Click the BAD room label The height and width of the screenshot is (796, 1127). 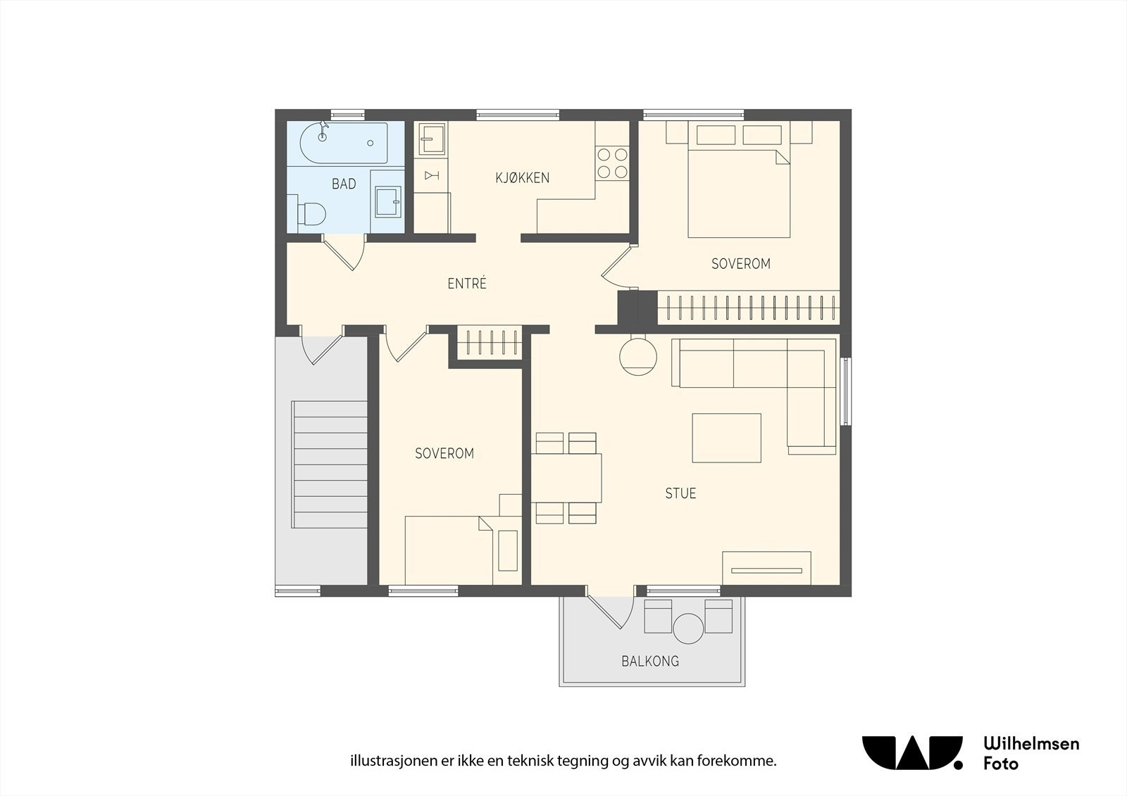[344, 184]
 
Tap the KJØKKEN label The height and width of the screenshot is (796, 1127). [522, 178]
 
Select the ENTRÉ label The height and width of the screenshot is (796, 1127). [467, 283]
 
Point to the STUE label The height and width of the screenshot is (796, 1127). [680, 493]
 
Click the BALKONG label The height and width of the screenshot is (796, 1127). [650, 661]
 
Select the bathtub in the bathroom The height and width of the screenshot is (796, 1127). [344, 144]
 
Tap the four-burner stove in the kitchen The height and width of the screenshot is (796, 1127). [612, 163]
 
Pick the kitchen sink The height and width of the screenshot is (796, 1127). [432, 139]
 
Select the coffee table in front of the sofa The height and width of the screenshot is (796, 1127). [726, 438]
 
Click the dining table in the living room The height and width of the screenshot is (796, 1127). [566, 478]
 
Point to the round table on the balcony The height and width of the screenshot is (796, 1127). [688, 628]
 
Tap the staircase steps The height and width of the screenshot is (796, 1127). [330, 465]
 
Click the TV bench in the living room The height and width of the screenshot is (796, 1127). [766, 568]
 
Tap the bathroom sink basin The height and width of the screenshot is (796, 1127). [388, 202]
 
